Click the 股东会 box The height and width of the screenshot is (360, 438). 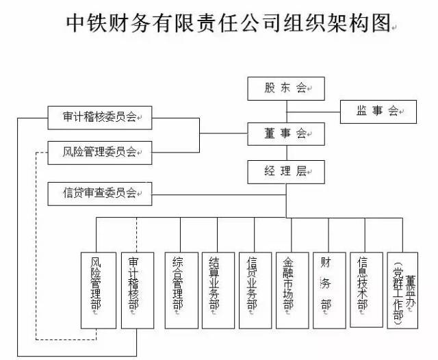(x=286, y=88)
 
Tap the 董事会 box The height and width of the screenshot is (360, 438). (x=286, y=133)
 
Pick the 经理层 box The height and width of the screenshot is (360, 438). (x=286, y=171)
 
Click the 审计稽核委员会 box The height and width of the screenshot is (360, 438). (x=100, y=117)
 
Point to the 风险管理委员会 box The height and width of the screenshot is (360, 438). (x=100, y=152)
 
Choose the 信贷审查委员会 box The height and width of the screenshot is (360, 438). (x=100, y=193)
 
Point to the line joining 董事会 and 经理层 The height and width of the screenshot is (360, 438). (x=287, y=152)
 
